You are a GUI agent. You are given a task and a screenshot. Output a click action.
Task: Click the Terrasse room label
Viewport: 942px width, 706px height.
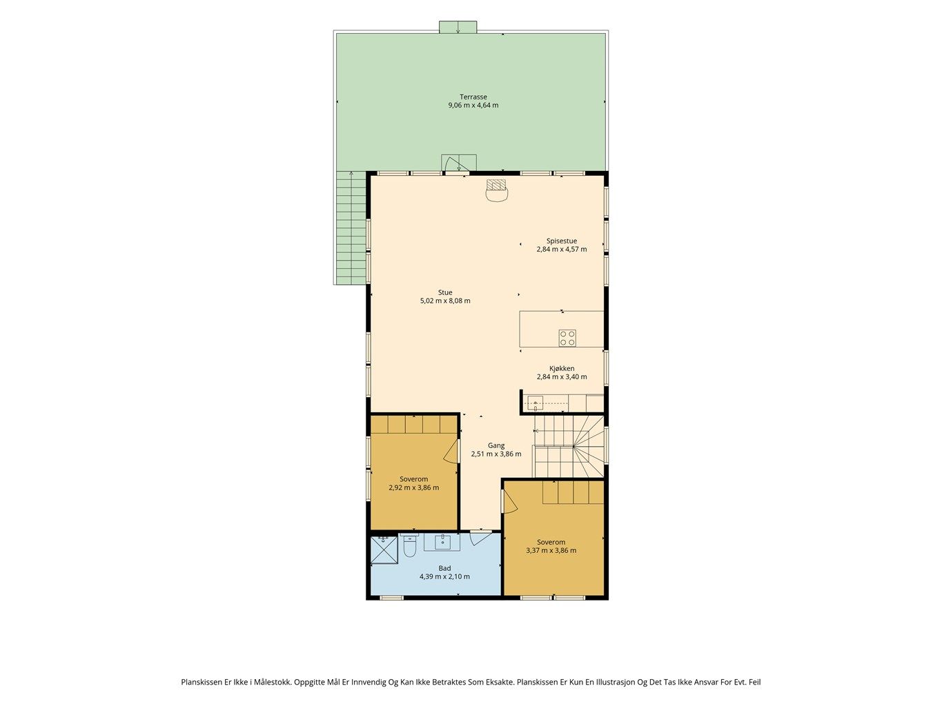(473, 97)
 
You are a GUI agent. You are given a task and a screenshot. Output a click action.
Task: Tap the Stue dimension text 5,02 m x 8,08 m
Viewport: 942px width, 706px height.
(445, 301)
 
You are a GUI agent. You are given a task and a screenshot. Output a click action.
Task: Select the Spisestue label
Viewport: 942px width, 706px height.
(561, 241)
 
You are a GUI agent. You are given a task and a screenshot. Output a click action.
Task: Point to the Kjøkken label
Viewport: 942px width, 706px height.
(562, 368)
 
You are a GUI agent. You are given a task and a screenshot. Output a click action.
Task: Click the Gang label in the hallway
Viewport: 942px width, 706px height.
(496, 445)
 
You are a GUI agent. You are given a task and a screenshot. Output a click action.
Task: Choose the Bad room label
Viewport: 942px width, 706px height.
(444, 568)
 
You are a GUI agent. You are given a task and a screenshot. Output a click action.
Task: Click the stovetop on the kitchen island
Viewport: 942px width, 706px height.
(567, 338)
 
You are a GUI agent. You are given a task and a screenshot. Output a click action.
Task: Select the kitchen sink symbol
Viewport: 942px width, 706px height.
(535, 403)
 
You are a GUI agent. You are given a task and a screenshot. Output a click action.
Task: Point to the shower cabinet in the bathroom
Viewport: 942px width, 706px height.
(384, 549)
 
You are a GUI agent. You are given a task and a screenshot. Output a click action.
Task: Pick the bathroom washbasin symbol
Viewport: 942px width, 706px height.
(442, 542)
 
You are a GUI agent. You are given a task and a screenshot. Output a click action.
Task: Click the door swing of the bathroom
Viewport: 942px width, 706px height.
(480, 538)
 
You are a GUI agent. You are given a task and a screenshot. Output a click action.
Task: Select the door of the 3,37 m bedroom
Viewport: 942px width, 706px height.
(510, 501)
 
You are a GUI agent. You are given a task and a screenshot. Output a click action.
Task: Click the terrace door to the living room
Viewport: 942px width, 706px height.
(454, 165)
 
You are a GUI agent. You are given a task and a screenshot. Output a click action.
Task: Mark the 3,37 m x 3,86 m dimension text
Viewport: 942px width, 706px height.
(551, 550)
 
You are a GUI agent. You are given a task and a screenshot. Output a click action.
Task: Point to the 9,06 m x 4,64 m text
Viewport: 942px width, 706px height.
(473, 105)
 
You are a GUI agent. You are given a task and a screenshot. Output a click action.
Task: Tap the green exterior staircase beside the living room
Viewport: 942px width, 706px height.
(351, 228)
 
